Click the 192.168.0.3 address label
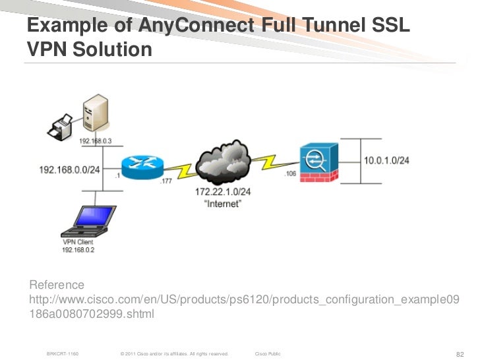[x=96, y=141]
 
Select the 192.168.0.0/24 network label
[x=69, y=169]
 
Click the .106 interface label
[x=289, y=173]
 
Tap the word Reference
[x=57, y=285]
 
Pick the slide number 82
[x=461, y=354]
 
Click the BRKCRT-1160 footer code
[x=63, y=354]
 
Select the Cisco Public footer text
[x=267, y=354]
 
